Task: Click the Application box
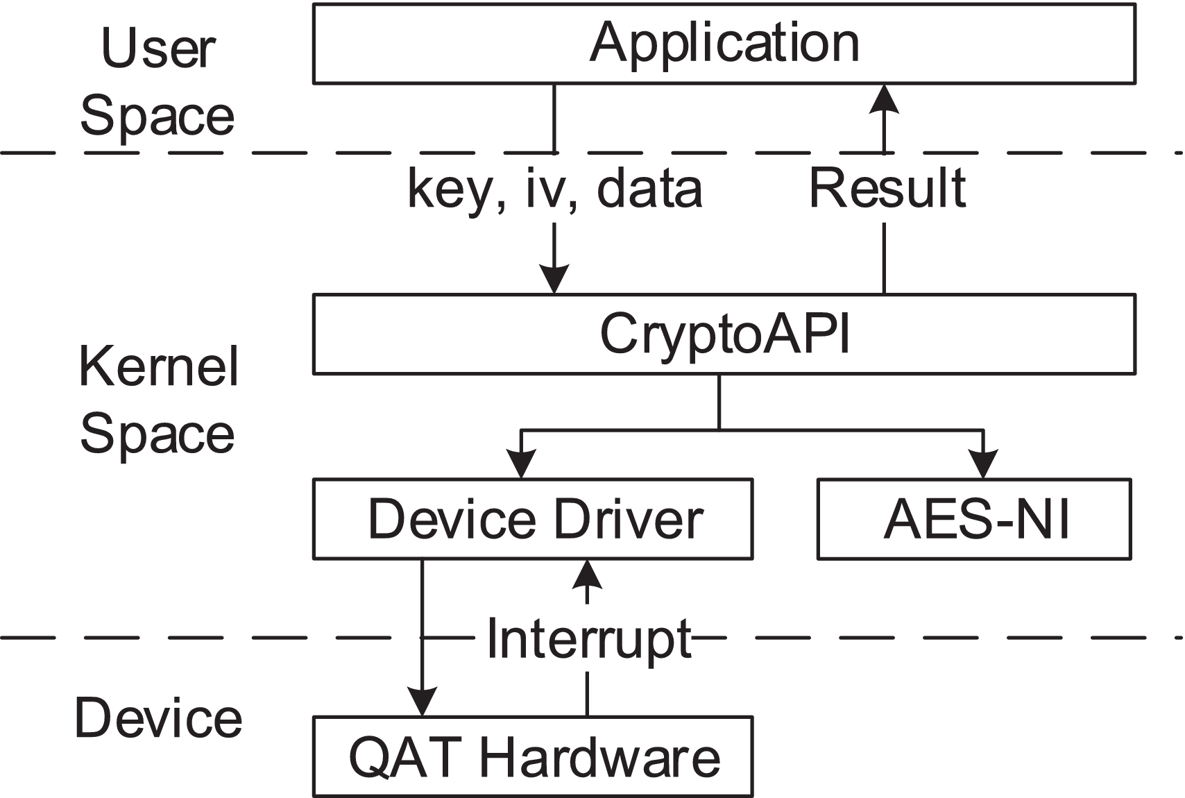click(724, 44)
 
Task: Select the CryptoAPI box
click(724, 334)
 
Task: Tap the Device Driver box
click(532, 519)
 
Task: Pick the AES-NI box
click(974, 519)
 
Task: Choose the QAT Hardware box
click(532, 757)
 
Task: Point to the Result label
click(887, 188)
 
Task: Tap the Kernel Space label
click(158, 400)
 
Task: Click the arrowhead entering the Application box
click(884, 99)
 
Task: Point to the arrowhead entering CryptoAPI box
click(554, 280)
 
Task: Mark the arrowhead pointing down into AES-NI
click(982, 464)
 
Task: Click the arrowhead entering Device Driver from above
click(521, 464)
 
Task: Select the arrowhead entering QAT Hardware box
click(421, 702)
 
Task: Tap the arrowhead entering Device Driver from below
click(588, 574)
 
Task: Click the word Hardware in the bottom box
click(599, 757)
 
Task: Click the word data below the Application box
click(649, 189)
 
